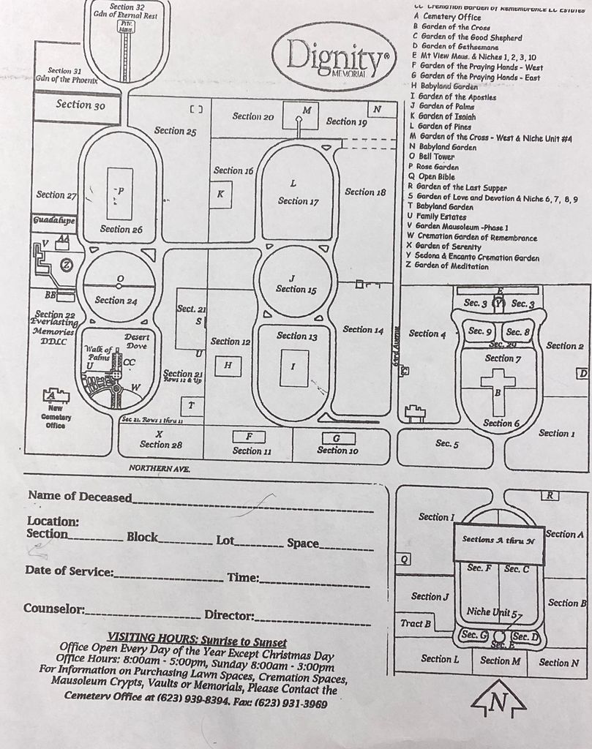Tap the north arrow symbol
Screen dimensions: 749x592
pos(498,700)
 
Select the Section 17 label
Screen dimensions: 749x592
pos(298,201)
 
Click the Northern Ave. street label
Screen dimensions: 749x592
pos(159,467)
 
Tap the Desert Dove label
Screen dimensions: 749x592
pos(137,341)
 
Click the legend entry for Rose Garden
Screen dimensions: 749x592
pos(438,167)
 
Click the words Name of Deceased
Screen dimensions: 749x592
pos(80,497)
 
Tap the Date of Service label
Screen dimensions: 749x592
pos(69,571)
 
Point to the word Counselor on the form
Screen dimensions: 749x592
pos(54,609)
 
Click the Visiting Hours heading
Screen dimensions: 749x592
pos(192,636)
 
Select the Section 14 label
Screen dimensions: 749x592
pos(363,330)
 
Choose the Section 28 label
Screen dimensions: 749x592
pos(160,444)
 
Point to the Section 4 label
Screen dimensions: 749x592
pos(427,334)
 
